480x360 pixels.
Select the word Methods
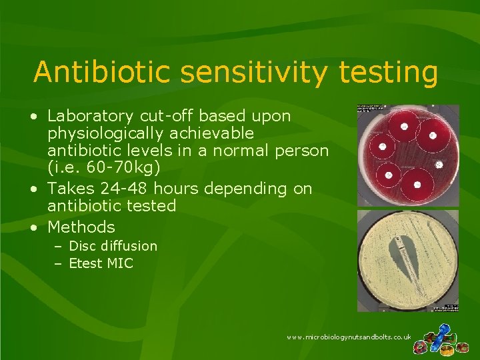[x=81, y=227]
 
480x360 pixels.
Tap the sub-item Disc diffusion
[x=113, y=246]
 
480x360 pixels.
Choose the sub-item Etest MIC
[x=101, y=263]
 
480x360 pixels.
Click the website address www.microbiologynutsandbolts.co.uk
[x=349, y=337]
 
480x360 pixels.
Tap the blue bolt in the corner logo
[x=442, y=331]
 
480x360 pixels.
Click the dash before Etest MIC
[x=58, y=263]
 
